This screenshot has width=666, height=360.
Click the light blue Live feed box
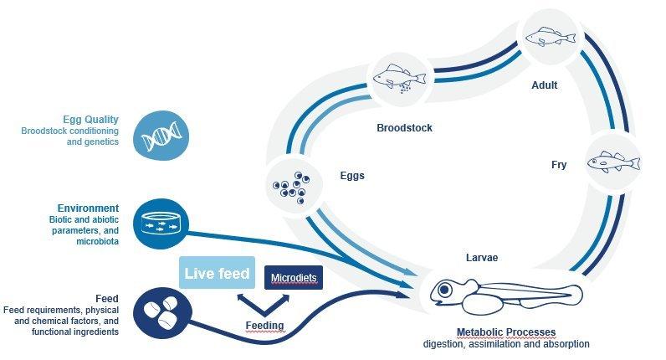216,274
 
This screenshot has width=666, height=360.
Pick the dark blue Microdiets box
294,276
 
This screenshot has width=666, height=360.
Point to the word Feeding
264,325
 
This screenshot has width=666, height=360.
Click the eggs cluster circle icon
289,186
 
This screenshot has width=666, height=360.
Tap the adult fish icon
549,35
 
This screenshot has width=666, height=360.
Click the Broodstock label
406,129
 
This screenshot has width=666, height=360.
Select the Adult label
544,85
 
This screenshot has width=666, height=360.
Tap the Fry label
559,165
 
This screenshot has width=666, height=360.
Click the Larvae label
481,258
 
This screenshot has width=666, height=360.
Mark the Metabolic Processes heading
505,332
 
